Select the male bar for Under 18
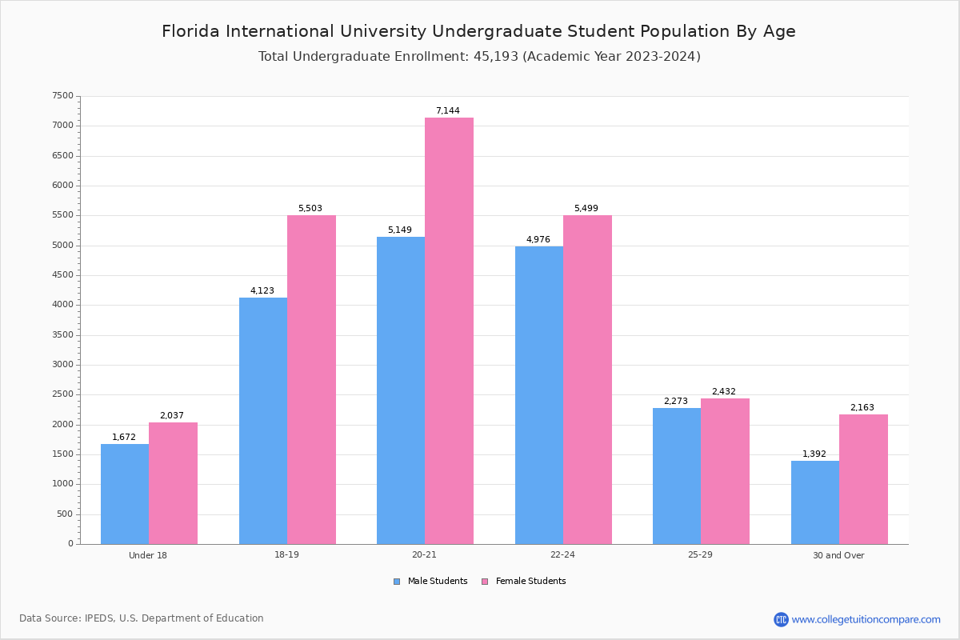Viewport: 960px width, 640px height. point(125,494)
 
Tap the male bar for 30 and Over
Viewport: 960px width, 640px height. point(815,502)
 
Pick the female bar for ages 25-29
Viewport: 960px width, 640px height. point(725,471)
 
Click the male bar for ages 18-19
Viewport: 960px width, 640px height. point(263,421)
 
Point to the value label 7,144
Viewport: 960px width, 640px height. point(448,111)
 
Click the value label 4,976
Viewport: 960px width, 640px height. point(538,239)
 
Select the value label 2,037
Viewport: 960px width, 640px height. point(172,415)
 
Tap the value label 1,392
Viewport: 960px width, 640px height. point(814,454)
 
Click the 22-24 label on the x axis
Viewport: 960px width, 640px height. point(562,555)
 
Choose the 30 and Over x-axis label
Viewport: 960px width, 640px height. point(838,555)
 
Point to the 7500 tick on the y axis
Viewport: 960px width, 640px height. point(63,96)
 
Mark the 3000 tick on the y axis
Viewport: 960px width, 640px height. point(63,365)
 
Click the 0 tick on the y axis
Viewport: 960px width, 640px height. point(70,544)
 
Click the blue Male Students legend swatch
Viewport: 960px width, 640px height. point(397,582)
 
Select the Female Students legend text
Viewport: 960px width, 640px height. point(530,582)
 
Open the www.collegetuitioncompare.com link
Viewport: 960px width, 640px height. point(866,619)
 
